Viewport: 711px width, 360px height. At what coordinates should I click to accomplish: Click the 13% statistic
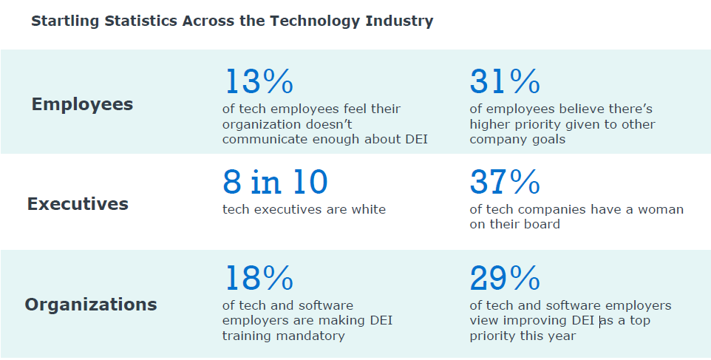click(x=258, y=81)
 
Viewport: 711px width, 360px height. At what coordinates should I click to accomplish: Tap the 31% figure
click(x=505, y=81)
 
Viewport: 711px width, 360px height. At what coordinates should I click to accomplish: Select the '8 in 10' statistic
click(x=275, y=182)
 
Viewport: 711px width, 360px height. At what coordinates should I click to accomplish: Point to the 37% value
click(x=505, y=182)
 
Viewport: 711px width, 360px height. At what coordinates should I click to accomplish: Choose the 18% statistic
click(x=258, y=278)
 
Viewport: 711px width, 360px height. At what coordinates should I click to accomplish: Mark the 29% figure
click(x=505, y=278)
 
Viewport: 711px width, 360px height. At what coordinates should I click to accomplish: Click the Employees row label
click(x=82, y=104)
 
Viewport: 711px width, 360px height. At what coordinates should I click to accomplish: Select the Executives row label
click(x=78, y=204)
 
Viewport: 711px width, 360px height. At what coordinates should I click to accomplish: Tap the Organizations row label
click(x=90, y=304)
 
